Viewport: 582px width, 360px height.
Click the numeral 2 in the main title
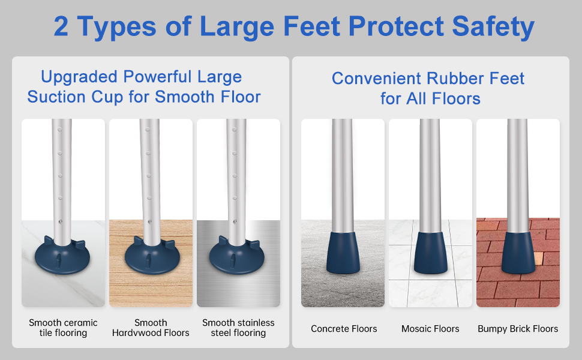tap(61, 26)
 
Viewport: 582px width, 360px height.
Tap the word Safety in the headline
tap(493, 28)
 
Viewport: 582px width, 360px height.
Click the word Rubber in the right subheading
tap(455, 79)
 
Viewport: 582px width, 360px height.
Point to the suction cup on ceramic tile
tap(62, 256)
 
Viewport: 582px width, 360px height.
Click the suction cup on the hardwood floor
tap(152, 256)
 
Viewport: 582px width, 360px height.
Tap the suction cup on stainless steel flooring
tap(237, 256)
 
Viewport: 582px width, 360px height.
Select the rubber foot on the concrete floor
tap(343, 253)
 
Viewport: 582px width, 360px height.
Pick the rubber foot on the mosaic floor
tap(431, 253)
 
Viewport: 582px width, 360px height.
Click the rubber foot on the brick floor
tap(518, 253)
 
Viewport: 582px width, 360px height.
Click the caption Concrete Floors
tap(344, 329)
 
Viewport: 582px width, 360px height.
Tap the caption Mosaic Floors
tap(430, 329)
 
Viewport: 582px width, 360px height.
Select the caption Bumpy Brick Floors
tap(518, 329)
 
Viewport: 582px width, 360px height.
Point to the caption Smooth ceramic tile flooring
tap(63, 328)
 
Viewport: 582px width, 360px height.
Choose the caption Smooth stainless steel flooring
tap(238, 328)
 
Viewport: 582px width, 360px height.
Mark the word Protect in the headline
tap(395, 26)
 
